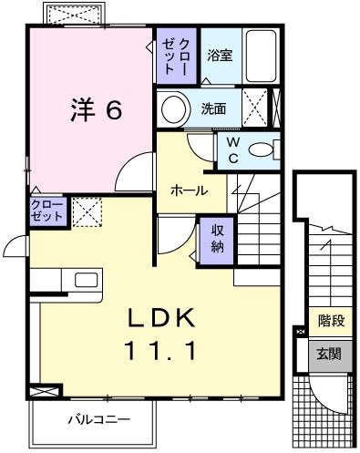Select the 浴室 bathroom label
219,55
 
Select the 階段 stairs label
331,321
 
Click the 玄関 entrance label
331,353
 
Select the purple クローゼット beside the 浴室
176,56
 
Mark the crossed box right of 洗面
259,107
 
